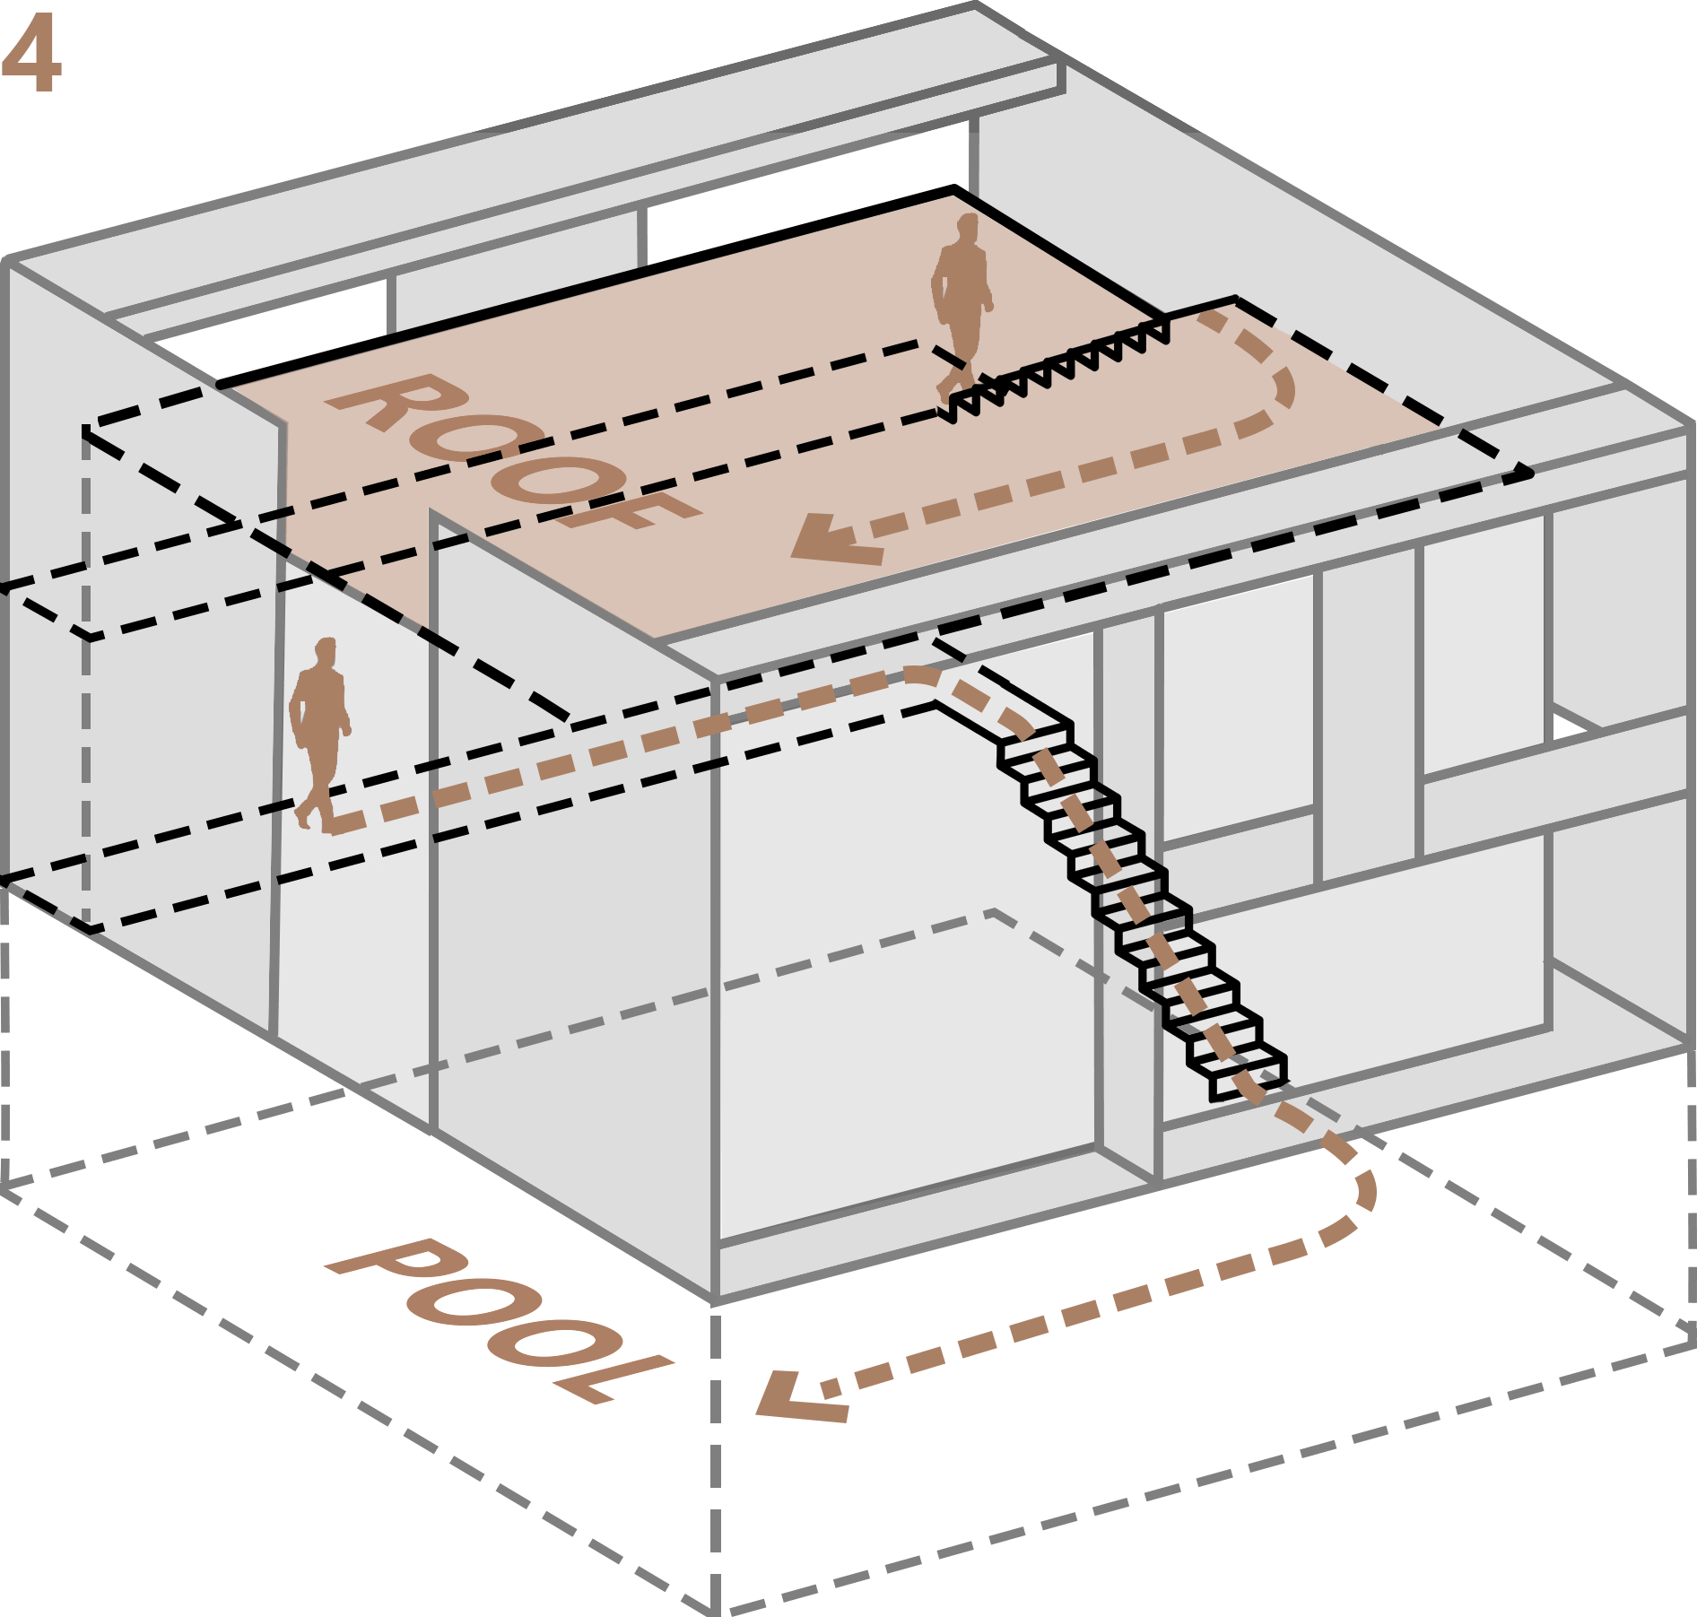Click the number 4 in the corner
click(30, 54)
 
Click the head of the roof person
click(967, 226)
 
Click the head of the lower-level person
click(326, 649)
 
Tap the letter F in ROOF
click(628, 511)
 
